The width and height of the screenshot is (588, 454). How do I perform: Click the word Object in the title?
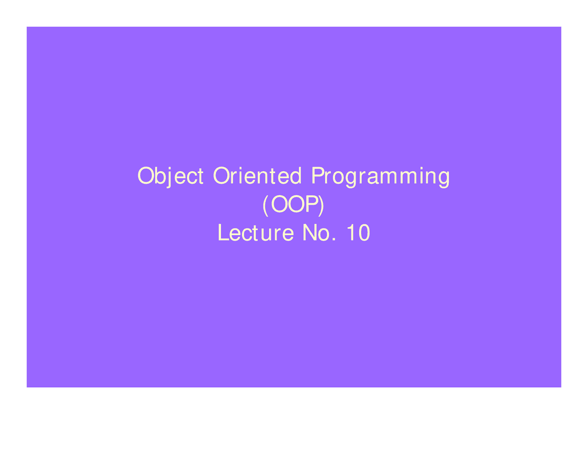point(170,176)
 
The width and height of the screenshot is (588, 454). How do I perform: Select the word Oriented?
point(257,175)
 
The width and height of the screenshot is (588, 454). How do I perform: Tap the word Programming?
point(380,177)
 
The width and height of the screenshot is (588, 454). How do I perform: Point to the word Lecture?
point(255,233)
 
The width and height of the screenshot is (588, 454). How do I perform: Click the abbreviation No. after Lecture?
point(319,233)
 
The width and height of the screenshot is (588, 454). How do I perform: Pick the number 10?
point(358,233)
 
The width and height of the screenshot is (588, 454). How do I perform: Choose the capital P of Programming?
point(318,175)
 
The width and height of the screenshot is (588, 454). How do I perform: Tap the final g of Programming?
point(443,179)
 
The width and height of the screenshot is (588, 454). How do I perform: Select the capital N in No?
point(310,233)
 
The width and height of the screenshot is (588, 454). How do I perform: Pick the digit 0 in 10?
point(364,233)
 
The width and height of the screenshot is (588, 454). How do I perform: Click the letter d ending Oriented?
point(295,175)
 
